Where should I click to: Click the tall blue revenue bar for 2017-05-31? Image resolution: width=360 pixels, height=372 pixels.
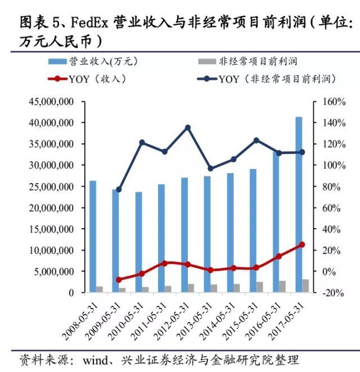pos(299,205)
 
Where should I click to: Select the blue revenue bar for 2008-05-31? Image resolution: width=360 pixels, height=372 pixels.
pos(93,236)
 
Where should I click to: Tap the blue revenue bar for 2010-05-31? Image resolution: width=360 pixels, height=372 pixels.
pos(138,242)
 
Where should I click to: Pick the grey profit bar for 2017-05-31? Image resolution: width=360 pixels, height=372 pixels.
pos(305,286)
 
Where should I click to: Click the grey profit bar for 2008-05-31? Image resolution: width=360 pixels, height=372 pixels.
pos(100,289)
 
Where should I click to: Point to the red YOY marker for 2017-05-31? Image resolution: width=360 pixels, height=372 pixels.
pos(302,244)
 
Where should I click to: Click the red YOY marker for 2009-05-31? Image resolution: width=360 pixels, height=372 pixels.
pos(119,279)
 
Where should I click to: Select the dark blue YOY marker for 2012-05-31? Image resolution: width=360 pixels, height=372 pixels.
pos(188,128)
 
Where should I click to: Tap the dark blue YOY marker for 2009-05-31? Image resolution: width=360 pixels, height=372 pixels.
pos(119,189)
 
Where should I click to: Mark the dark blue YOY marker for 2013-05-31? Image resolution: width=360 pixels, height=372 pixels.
pos(210,169)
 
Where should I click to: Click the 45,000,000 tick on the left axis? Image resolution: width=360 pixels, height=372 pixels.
pos(51,102)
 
